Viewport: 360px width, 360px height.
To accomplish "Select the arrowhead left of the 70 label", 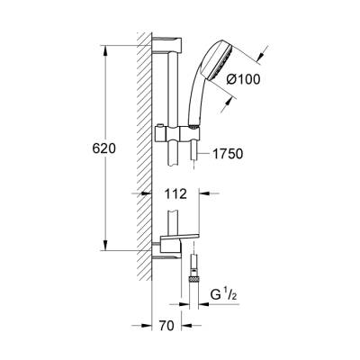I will point(144,327).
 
